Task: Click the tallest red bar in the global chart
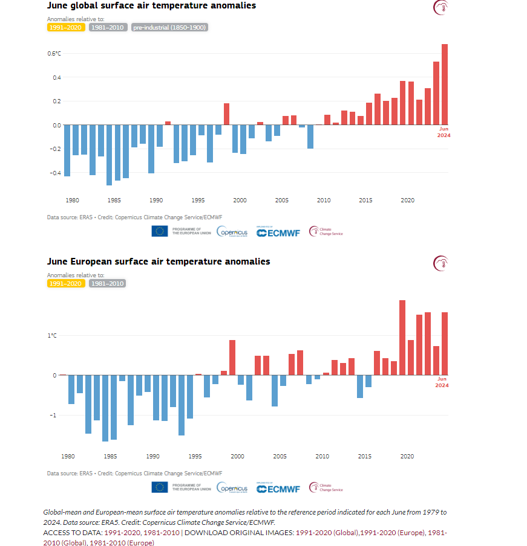(x=444, y=85)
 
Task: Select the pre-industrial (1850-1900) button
(x=170, y=27)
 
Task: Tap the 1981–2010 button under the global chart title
(x=108, y=27)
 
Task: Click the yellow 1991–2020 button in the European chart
(x=66, y=283)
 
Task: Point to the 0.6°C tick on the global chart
(x=54, y=54)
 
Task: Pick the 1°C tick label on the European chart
(x=53, y=335)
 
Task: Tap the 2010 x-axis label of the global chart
(x=324, y=200)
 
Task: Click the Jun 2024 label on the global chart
(x=444, y=132)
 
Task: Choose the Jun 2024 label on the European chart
(x=442, y=382)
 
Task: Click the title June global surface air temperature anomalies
(x=151, y=5)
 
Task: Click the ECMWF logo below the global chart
(x=278, y=233)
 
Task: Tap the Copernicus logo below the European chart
(x=232, y=488)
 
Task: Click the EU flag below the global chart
(x=160, y=231)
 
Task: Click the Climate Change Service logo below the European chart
(x=326, y=487)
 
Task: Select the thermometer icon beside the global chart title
(x=440, y=8)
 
